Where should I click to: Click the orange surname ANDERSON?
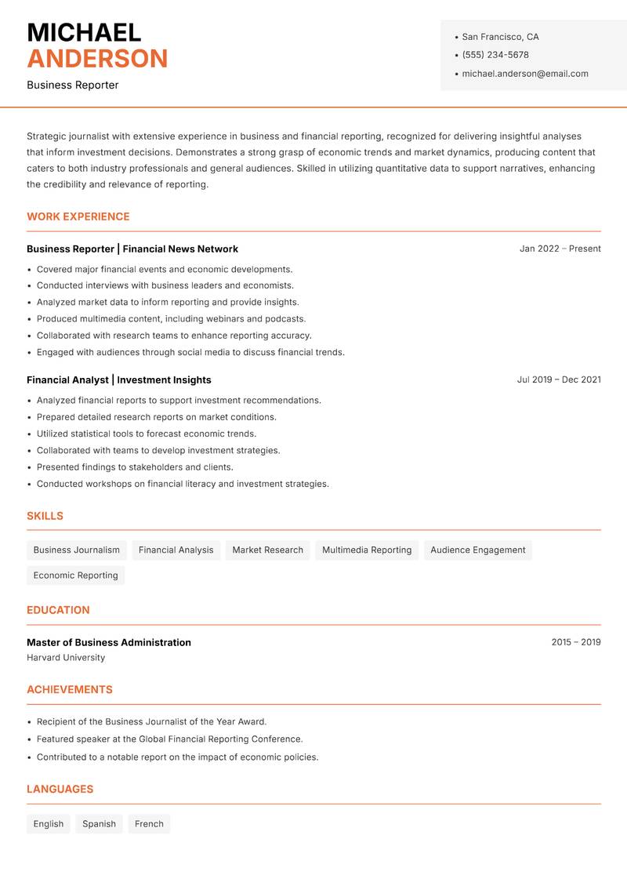tap(97, 59)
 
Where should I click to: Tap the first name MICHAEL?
tap(84, 32)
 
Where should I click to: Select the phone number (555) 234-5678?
tap(495, 55)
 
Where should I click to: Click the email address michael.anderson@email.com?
tap(525, 74)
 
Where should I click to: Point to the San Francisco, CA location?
tap(500, 37)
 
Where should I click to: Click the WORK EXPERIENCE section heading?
tap(78, 216)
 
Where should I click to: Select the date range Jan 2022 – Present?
tap(560, 249)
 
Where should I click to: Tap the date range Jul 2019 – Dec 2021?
tap(559, 379)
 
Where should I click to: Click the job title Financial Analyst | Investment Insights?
tap(119, 379)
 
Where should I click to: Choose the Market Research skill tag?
tap(267, 550)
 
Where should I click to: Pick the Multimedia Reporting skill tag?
tap(367, 550)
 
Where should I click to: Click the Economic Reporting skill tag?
tap(76, 575)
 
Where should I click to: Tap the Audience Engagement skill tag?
tap(478, 550)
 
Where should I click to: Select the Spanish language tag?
tap(99, 823)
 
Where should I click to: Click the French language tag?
tap(149, 823)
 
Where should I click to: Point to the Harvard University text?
tap(66, 658)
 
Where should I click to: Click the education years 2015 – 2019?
tap(575, 642)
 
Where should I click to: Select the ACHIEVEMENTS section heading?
tap(70, 689)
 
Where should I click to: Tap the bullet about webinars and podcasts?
tap(171, 319)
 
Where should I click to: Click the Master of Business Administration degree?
tap(109, 642)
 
